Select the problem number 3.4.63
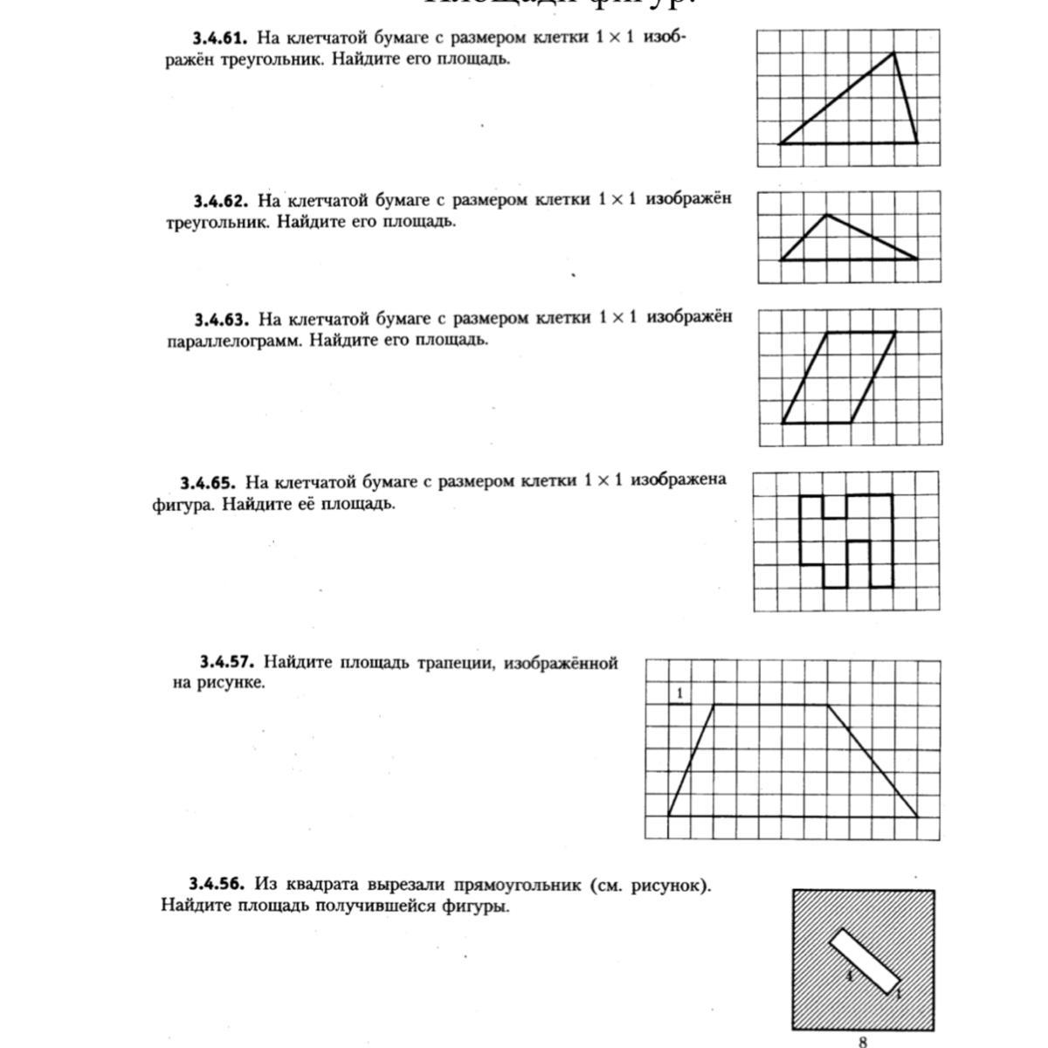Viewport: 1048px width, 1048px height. (x=221, y=318)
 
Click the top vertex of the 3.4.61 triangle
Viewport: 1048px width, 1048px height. (x=893, y=52)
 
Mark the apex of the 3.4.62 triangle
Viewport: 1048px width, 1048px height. (x=826, y=214)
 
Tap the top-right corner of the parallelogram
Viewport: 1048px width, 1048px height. (x=895, y=332)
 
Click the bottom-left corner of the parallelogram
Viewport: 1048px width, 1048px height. (x=782, y=423)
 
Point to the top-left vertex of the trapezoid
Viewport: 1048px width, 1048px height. (x=714, y=704)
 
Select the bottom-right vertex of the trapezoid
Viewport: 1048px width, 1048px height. (x=918, y=817)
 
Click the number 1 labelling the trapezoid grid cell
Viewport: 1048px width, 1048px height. (x=679, y=693)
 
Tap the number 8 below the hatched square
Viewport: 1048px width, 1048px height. (x=863, y=1041)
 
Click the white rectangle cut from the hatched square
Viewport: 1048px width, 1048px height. (x=864, y=961)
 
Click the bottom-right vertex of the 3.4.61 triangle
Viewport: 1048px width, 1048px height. (x=917, y=142)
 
